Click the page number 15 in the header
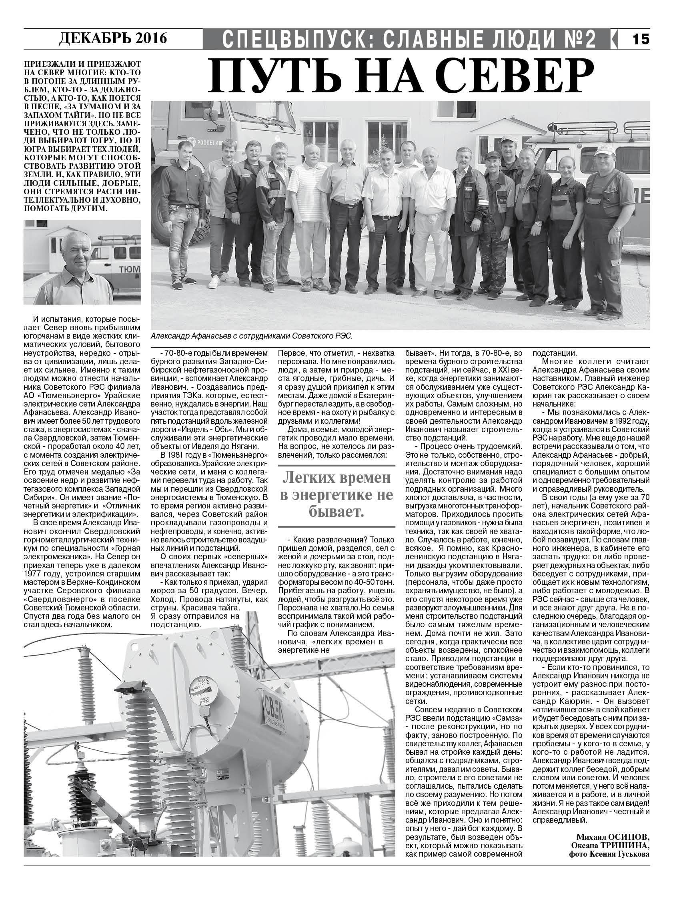pos(641,39)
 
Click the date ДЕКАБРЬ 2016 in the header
pos(113,38)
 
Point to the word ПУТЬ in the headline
pos(262,76)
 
